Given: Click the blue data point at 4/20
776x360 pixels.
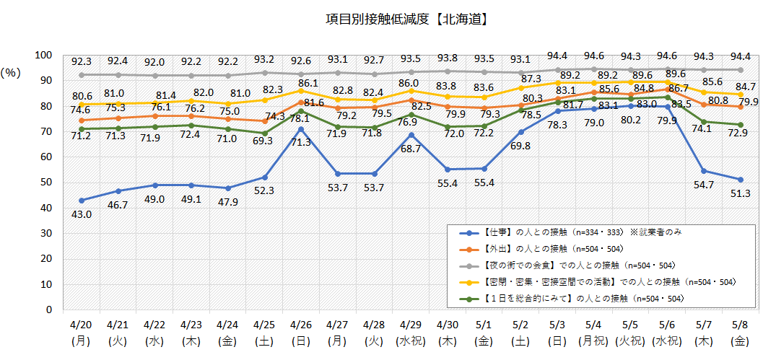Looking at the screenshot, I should click(82, 201).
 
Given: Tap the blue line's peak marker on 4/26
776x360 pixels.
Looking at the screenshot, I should click(300, 129).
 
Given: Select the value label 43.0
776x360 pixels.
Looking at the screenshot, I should click(82, 214).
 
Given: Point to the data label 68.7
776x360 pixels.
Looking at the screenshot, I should click(411, 148).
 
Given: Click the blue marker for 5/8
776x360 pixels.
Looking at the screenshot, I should click(740, 180).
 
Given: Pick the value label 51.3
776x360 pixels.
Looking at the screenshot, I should click(740, 193).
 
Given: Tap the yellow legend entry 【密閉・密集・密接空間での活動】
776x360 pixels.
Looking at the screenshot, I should click(599, 281).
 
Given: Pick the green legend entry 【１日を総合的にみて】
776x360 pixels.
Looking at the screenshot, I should click(577, 297).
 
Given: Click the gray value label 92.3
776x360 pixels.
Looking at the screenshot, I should click(82, 62).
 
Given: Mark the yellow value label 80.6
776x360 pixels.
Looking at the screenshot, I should click(82, 96).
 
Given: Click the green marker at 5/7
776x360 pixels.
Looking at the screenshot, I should click(703, 122).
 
